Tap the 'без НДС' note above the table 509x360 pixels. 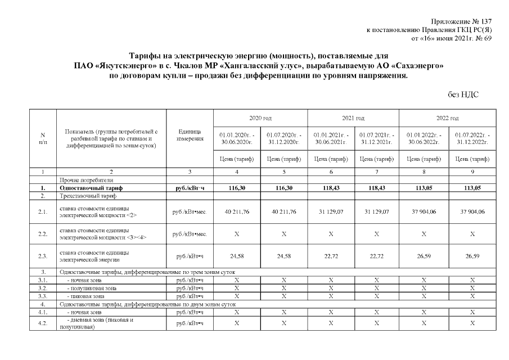coord(463,95)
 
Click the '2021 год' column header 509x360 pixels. coord(353,118)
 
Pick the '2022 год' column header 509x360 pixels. coord(447,118)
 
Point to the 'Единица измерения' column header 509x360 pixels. coord(190,136)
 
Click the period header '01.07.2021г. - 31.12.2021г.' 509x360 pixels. coord(376,139)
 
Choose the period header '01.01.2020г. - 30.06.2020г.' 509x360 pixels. coord(236,139)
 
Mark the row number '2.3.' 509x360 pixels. coord(43,256)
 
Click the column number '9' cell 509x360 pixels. coord(472,171)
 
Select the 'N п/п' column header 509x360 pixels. coord(43,138)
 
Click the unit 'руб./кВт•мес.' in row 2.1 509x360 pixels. coord(190,211)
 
